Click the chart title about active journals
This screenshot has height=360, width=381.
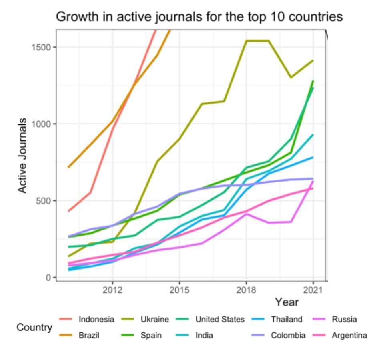click(x=199, y=17)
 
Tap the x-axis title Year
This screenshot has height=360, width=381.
click(x=287, y=302)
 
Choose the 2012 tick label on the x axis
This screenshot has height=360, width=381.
click(x=112, y=289)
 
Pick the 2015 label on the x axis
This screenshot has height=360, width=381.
click(x=179, y=289)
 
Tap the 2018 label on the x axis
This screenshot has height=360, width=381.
click(x=246, y=289)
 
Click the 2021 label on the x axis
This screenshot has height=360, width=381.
click(x=313, y=289)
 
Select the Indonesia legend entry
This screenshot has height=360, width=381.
click(x=96, y=319)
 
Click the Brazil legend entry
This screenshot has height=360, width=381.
click(x=89, y=336)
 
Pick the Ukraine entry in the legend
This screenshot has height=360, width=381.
click(x=154, y=319)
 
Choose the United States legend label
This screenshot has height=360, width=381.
click(x=219, y=319)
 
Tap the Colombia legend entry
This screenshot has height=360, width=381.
click(x=288, y=336)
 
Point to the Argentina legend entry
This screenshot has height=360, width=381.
click(x=349, y=336)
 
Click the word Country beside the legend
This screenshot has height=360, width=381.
click(x=34, y=328)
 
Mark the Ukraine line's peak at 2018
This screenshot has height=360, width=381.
click(x=247, y=41)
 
